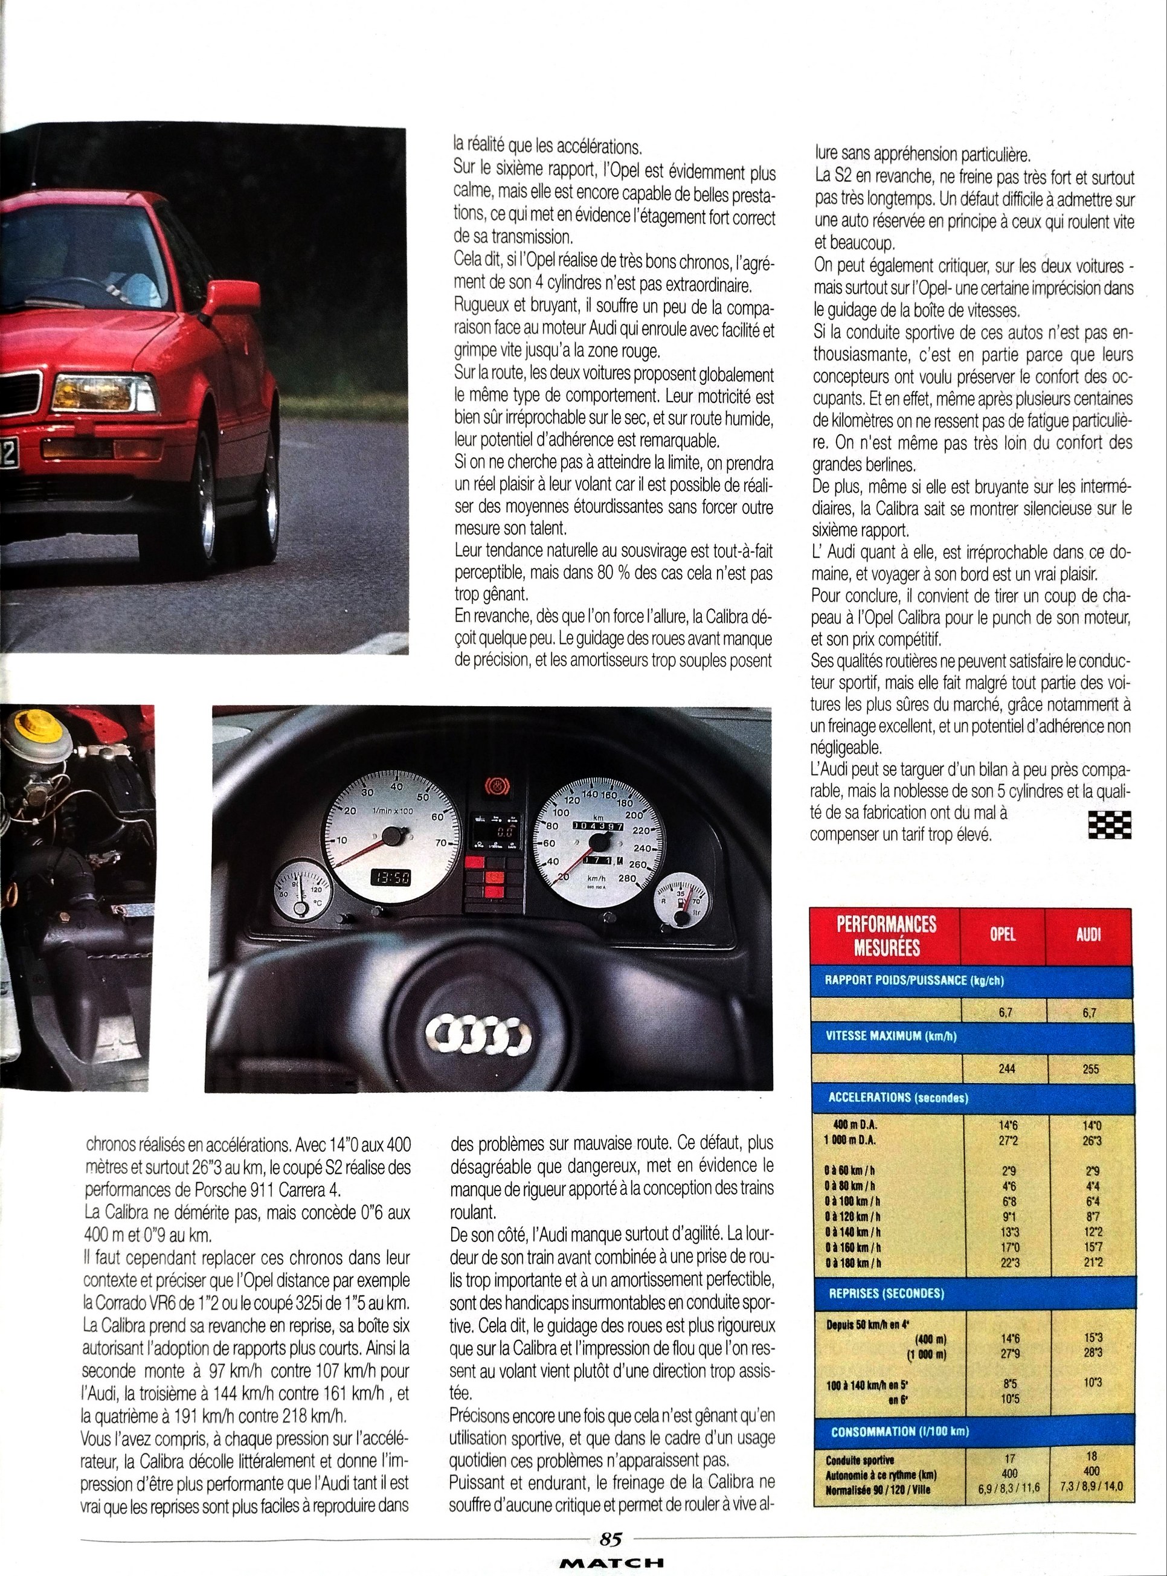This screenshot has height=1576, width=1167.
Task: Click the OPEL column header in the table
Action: click(1003, 934)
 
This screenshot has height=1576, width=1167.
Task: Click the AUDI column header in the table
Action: click(1088, 934)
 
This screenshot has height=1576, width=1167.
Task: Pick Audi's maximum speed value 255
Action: click(1090, 1069)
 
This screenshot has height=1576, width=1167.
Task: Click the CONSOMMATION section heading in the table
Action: click(899, 1432)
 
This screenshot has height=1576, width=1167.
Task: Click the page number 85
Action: click(610, 1537)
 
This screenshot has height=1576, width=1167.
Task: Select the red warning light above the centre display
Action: click(495, 785)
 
